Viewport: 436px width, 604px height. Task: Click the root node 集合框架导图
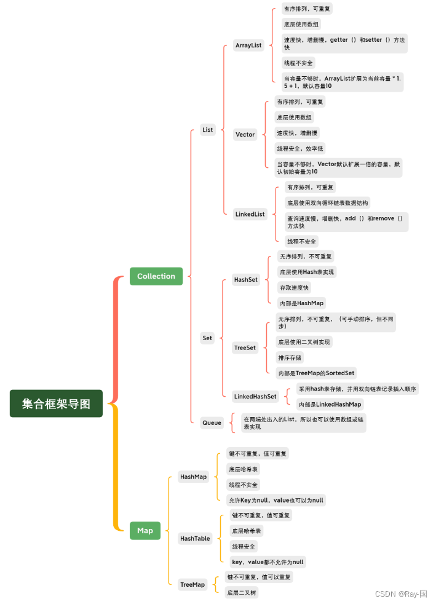click(x=56, y=403)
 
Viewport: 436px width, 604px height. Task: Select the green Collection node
click(x=156, y=276)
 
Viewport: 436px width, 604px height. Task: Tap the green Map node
click(x=145, y=530)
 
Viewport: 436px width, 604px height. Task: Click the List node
click(x=208, y=130)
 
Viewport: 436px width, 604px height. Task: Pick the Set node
click(x=207, y=338)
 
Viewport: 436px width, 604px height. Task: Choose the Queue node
click(x=212, y=423)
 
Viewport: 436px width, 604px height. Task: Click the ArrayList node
click(x=248, y=46)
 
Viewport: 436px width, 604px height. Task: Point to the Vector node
click(x=245, y=134)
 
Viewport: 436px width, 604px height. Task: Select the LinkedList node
click(x=250, y=214)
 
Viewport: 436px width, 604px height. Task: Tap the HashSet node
click(x=246, y=279)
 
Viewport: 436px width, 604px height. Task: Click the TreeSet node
click(x=245, y=348)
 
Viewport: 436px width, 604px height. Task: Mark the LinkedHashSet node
click(x=255, y=396)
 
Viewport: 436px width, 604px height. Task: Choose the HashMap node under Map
click(x=194, y=477)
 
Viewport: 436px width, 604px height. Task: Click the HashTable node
click(x=195, y=538)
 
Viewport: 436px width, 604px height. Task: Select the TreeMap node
click(x=192, y=584)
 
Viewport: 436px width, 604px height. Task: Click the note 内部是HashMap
click(x=301, y=303)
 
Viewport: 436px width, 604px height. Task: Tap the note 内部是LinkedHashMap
click(x=329, y=404)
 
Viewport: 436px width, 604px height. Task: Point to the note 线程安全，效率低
click(x=299, y=148)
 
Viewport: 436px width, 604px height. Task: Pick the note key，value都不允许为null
click(x=267, y=562)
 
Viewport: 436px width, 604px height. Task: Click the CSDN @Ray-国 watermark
click(x=400, y=594)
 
